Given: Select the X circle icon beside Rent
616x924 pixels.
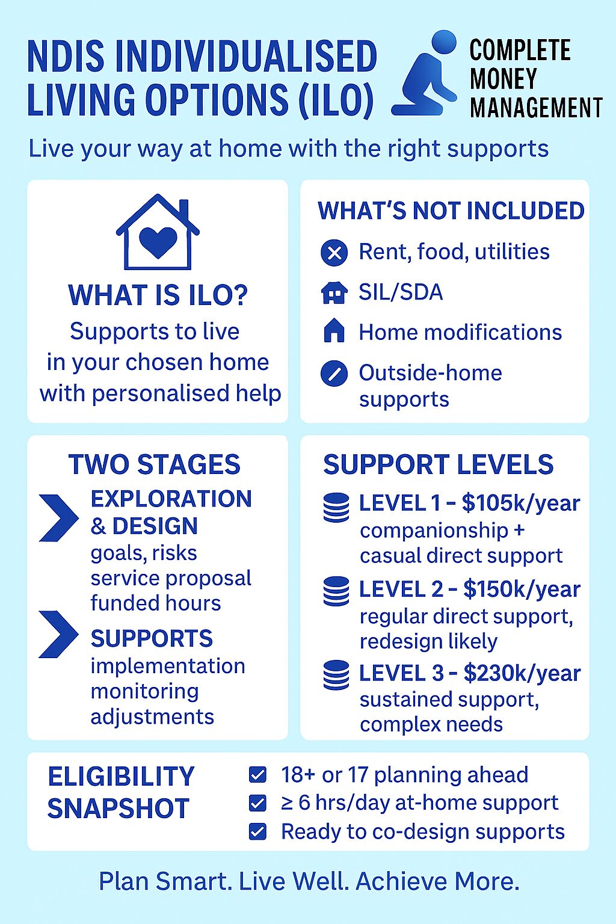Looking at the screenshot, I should point(334,253).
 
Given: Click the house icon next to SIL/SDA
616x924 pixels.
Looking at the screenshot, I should point(334,293).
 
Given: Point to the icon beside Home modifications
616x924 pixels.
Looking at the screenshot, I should point(334,331).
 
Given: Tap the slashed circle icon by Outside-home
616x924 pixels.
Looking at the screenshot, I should point(334,374).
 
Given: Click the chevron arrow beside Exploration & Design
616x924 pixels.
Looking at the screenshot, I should point(58,518).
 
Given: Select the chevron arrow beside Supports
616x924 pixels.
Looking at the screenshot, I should point(58,634).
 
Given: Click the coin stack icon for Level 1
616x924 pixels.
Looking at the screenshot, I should point(336,507).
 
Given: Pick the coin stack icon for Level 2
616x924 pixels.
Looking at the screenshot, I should point(336,591).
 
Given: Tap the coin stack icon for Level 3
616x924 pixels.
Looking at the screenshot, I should point(336,674).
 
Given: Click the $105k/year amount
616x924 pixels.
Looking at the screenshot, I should point(521,503).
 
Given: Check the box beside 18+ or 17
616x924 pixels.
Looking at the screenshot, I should point(257,775).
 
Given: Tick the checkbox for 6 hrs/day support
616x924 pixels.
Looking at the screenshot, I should point(257,803).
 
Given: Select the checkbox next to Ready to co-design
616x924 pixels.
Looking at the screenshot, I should point(257,831).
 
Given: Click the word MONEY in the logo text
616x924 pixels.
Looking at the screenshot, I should point(504,79).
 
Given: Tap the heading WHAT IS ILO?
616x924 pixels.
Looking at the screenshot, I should point(158,295).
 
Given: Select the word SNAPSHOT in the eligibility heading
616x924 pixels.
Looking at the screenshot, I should point(119,808).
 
